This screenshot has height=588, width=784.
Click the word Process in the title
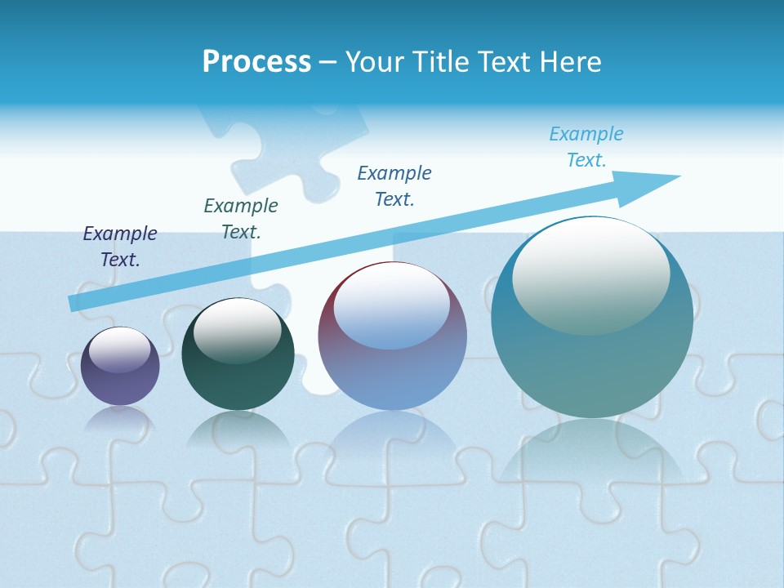(256, 62)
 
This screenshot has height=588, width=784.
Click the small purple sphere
(120, 376)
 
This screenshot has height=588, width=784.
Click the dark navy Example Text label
(120, 247)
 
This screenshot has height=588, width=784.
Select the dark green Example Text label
(241, 219)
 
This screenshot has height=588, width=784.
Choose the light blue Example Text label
(586, 147)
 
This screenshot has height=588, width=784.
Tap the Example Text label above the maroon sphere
(394, 186)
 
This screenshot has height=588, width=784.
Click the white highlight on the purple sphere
(120, 350)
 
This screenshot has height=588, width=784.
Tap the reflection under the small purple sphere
(120, 419)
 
